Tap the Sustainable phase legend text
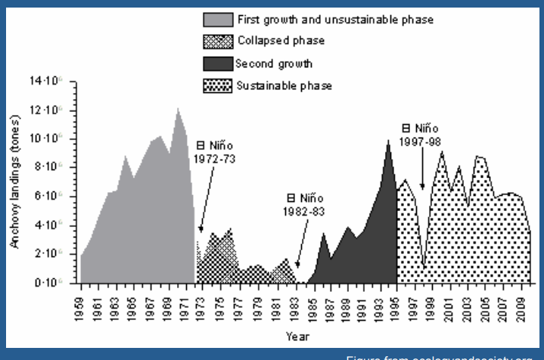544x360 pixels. [x=284, y=85]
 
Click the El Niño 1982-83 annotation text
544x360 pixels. [x=303, y=206]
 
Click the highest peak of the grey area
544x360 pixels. [x=179, y=108]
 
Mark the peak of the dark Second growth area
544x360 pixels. [x=387, y=141]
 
